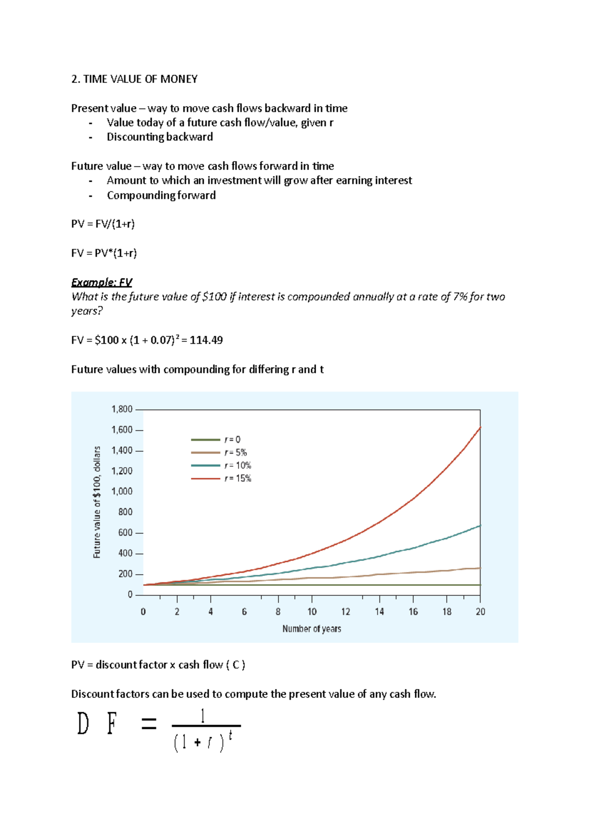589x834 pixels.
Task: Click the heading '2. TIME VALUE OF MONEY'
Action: [134, 79]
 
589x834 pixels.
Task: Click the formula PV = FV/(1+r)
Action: [103, 224]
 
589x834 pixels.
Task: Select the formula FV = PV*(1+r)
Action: [104, 253]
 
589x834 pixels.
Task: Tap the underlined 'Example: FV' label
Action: [102, 282]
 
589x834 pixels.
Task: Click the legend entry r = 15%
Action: [238, 478]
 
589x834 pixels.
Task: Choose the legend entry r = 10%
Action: [238, 466]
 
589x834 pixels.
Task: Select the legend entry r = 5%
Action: [236, 452]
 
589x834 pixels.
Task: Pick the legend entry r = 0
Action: [232, 440]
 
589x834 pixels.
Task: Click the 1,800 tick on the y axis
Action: [122, 409]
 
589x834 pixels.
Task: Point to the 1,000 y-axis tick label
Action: [122, 491]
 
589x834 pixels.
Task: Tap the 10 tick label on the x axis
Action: [312, 612]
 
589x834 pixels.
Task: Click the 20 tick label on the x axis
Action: [480, 612]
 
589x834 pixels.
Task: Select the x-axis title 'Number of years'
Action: [312, 629]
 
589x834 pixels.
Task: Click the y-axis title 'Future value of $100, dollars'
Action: [97, 501]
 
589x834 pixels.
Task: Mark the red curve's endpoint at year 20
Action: [480, 428]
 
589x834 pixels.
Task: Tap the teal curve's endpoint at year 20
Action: [480, 526]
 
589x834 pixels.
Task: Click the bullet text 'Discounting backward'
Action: [160, 137]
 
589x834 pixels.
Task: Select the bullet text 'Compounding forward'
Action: [161, 195]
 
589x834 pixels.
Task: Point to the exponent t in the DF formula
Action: [230, 735]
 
